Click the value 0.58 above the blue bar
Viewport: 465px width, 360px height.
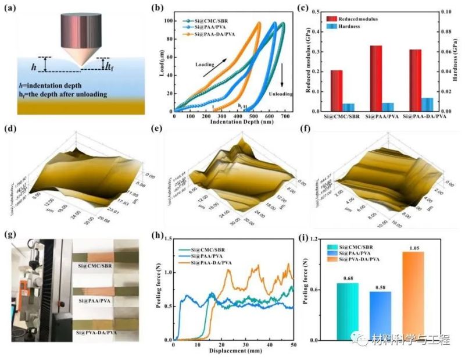coord(380,285)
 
